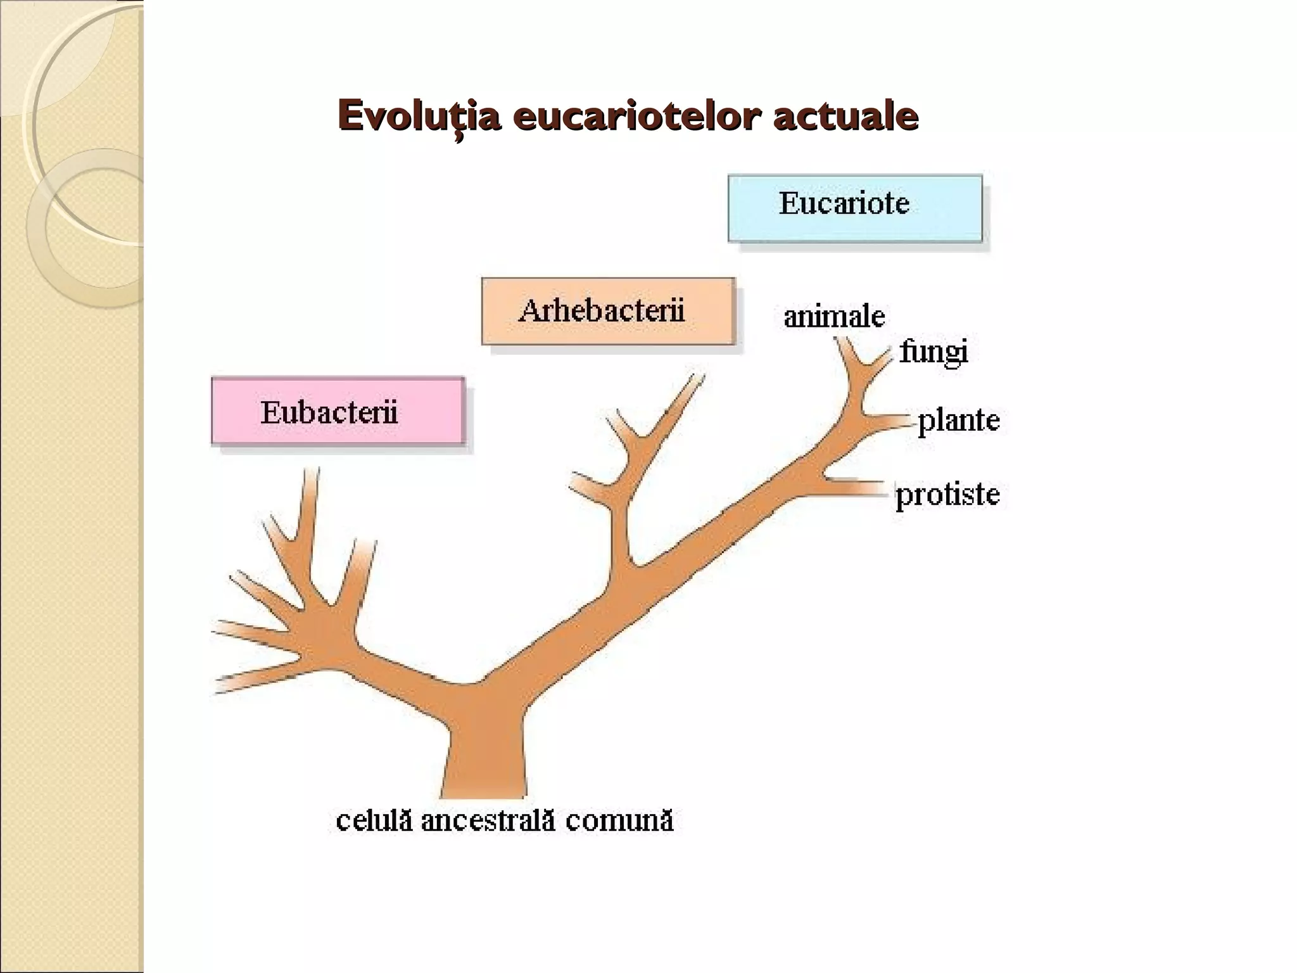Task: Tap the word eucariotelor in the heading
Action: click(x=636, y=116)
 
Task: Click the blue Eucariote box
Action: click(x=855, y=208)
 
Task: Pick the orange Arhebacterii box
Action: click(x=608, y=311)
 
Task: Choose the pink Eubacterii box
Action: click(x=338, y=410)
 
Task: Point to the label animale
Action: click(x=834, y=316)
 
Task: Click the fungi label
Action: click(x=933, y=352)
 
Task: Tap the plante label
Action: click(x=959, y=421)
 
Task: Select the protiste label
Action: click(x=947, y=494)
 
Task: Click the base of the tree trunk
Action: click(x=483, y=795)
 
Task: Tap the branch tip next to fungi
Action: click(x=888, y=355)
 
